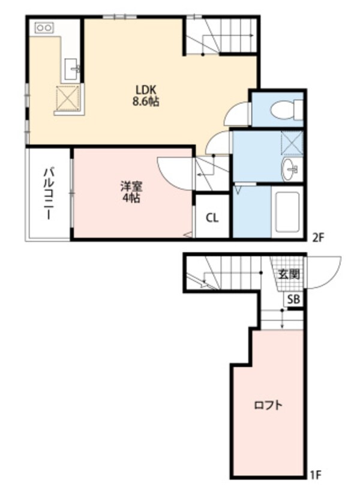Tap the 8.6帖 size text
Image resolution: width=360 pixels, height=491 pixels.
click(145, 102)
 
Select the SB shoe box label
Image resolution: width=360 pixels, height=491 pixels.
click(292, 300)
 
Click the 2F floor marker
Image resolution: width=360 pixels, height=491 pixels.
click(317, 237)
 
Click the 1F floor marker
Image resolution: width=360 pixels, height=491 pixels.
click(316, 475)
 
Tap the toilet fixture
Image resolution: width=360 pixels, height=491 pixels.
click(284, 110)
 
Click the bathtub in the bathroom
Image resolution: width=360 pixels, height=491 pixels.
click(287, 212)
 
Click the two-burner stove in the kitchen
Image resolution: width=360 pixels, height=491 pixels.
click(44, 28)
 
